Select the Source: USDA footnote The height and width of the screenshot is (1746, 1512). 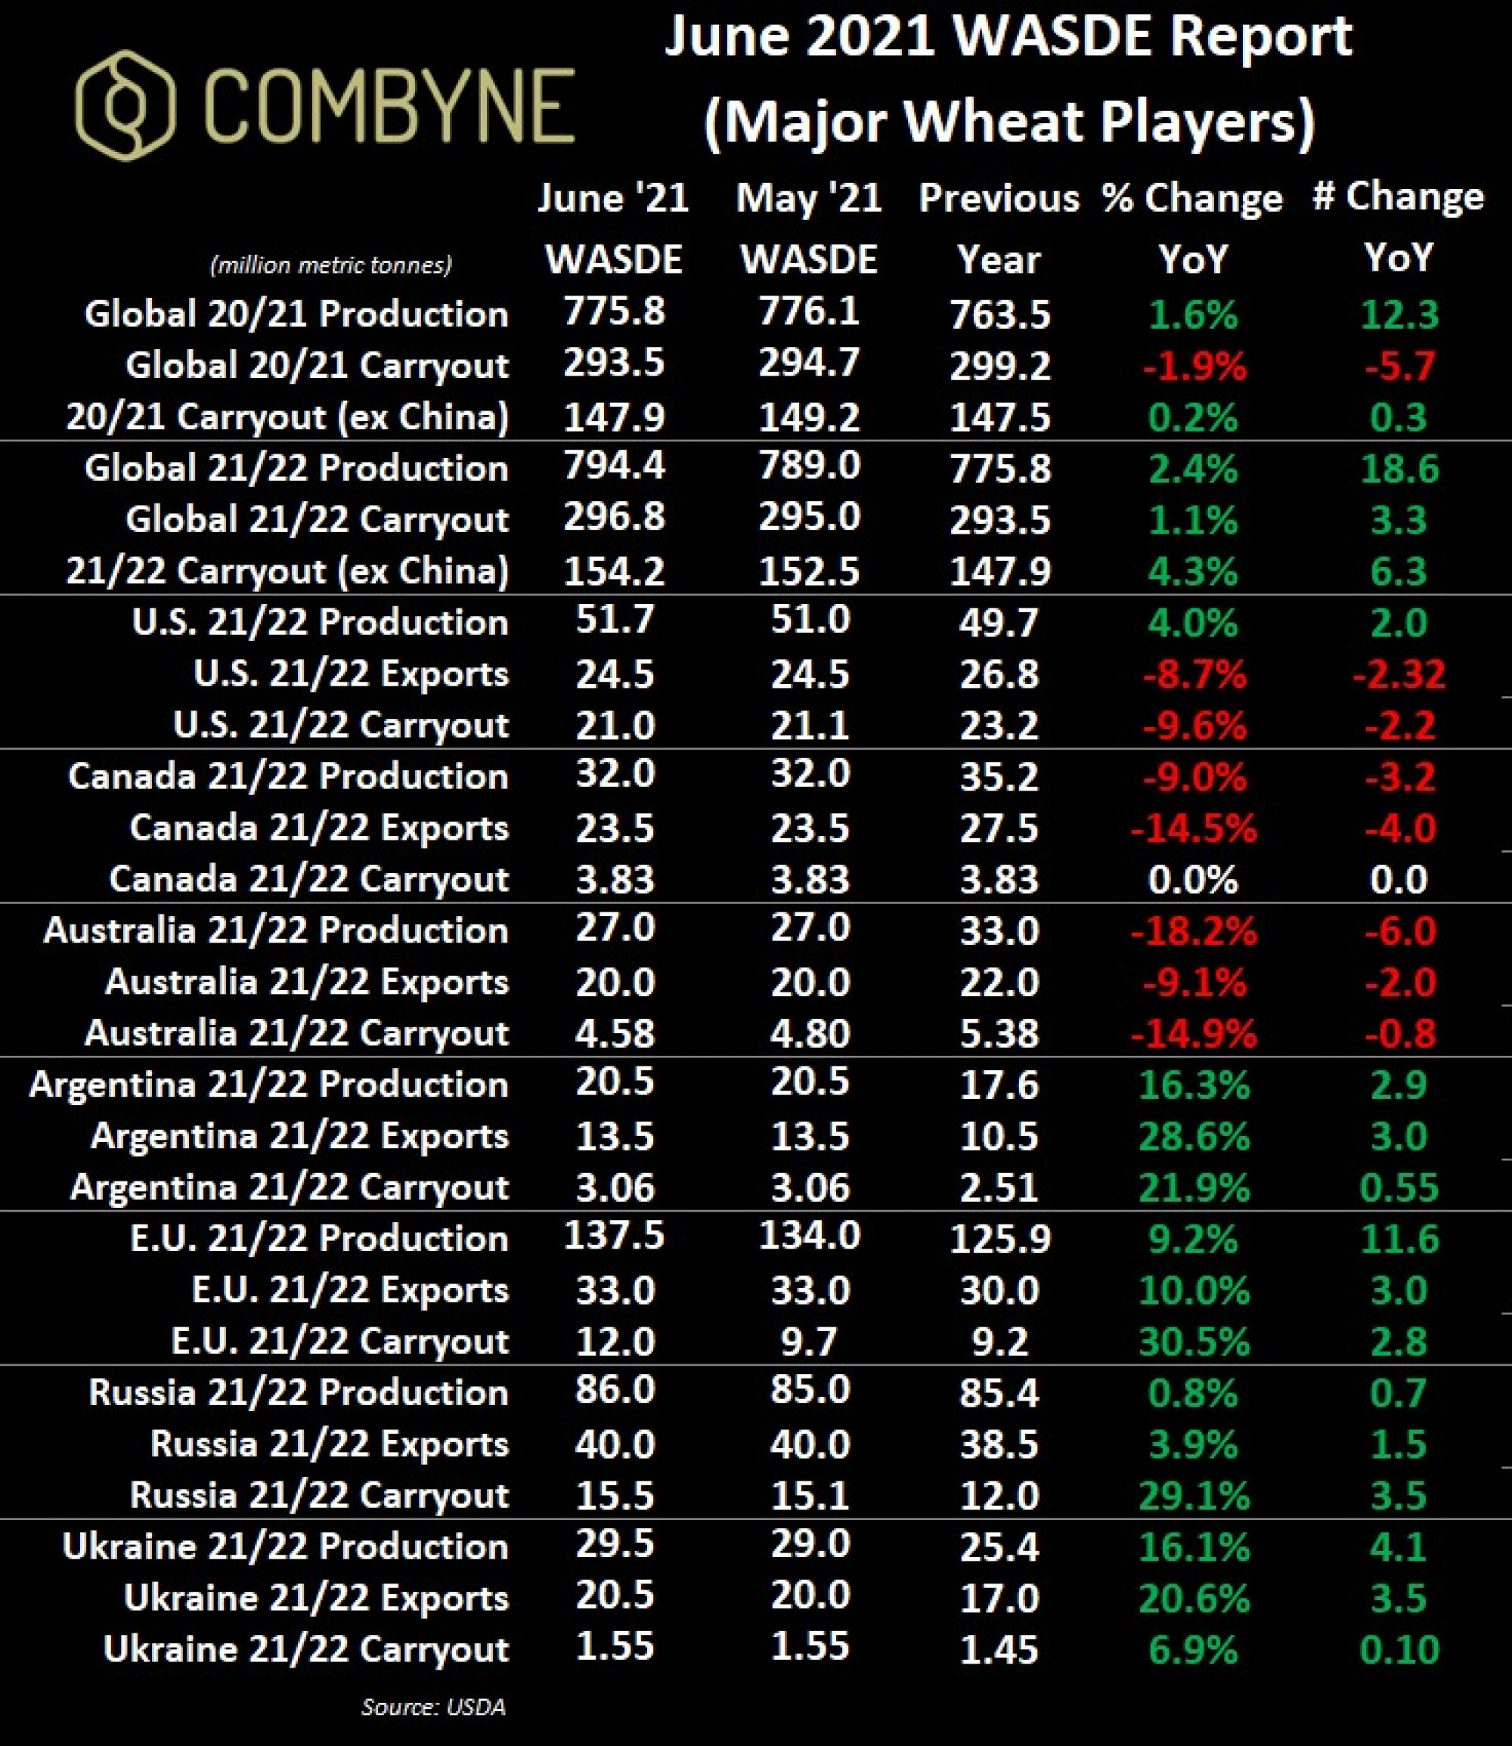[433, 1707]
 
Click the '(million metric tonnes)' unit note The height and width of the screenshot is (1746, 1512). [331, 265]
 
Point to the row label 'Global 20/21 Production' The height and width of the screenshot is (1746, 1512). [296, 314]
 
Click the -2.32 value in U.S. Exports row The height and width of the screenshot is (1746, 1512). [1398, 674]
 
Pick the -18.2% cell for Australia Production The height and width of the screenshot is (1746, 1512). [1193, 931]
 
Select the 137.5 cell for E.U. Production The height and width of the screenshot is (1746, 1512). [614, 1236]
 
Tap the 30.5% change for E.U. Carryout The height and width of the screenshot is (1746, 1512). [1193, 1342]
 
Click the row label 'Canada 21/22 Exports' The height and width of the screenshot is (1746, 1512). [319, 828]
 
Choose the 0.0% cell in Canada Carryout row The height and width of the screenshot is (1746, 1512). [1192, 880]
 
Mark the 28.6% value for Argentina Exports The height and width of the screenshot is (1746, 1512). [1193, 1136]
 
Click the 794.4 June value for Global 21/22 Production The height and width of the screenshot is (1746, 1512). [614, 466]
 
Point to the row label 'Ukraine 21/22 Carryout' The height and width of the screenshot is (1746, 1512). [305, 1650]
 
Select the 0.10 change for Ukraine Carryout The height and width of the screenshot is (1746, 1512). [1399, 1650]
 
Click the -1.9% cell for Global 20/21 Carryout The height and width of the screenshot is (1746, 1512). [1193, 366]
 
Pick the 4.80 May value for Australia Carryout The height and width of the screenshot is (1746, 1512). [809, 1033]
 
